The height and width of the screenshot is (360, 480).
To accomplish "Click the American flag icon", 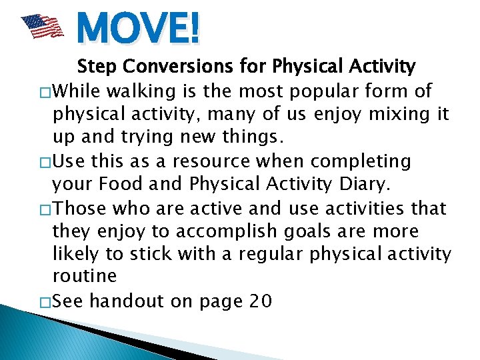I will tap(41, 27).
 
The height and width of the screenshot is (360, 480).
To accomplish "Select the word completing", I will tap(363, 161).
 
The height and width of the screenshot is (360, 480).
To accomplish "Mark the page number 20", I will tap(259, 302).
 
